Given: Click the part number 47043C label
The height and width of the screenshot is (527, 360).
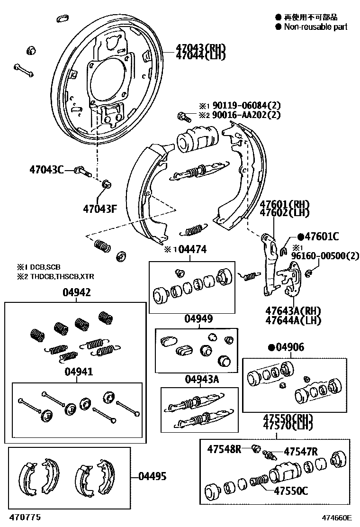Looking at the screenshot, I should [x=46, y=169].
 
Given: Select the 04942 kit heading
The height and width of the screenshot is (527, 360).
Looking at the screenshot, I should [x=76, y=293].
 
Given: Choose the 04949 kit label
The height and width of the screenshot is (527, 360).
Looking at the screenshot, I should [x=198, y=318].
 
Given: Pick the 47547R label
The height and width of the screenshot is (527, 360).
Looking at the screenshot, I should [x=300, y=451].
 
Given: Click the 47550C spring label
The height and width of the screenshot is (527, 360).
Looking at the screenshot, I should [x=290, y=491].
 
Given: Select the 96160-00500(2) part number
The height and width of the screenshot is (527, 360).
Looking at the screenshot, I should [x=324, y=255].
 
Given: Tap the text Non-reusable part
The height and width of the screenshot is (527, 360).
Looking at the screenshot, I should [x=315, y=27].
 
